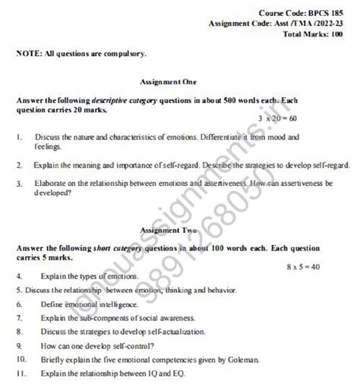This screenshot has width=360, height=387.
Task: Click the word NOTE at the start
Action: point(29,55)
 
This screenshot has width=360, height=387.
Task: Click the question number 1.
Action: point(17,138)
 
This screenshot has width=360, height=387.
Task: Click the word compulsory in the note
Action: point(124,55)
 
